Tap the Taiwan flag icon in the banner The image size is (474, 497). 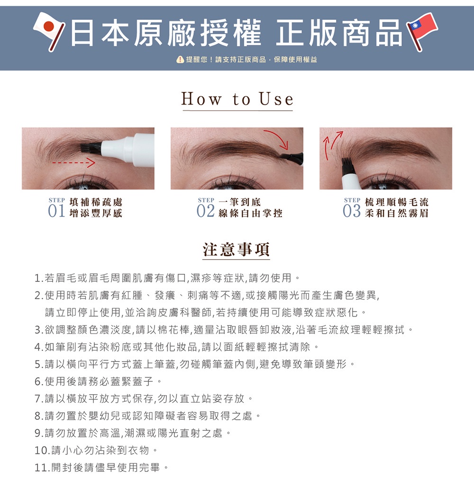pyautogui.click(x=422, y=32)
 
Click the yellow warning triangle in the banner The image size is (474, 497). pyautogui.click(x=180, y=59)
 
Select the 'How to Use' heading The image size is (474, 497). pyautogui.click(x=237, y=99)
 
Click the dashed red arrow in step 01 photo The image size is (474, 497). pyautogui.click(x=73, y=163)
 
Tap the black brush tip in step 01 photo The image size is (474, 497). pyautogui.click(x=91, y=147)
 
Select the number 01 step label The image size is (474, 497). pyautogui.click(x=56, y=211)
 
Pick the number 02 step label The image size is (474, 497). pyautogui.click(x=205, y=211)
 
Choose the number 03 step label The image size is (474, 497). pyautogui.click(x=352, y=211)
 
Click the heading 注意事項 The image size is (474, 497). pyautogui.click(x=236, y=249)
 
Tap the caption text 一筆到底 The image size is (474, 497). pyautogui.click(x=239, y=202)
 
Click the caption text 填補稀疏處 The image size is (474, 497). pyautogui.click(x=96, y=202)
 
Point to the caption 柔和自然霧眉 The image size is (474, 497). pyautogui.click(x=397, y=213)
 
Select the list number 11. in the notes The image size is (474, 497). pyautogui.click(x=43, y=467)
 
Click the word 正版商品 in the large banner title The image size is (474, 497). pyautogui.click(x=338, y=33)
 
